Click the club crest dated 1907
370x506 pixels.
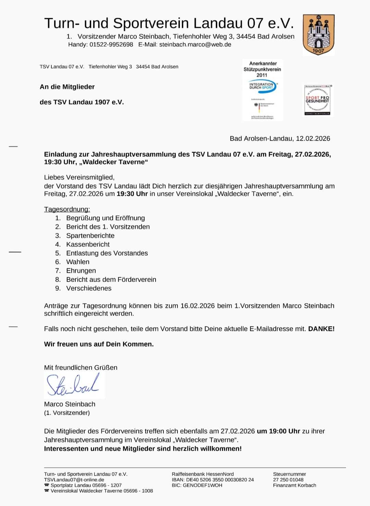point(319,35)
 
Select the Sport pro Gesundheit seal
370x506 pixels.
point(317,100)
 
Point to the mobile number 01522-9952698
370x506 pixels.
point(111,44)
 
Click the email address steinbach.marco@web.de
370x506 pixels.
point(195,44)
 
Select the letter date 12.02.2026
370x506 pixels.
point(313,139)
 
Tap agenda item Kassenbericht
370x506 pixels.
point(88,244)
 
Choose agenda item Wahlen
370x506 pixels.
point(78,262)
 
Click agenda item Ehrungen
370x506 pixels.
point(81,271)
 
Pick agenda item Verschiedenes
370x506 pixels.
point(89,288)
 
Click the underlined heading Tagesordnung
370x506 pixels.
point(67,209)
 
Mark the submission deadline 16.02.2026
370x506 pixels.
point(197,306)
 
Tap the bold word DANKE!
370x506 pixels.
point(321,329)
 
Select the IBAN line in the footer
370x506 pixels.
point(213,480)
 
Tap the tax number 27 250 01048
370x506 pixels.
point(288,480)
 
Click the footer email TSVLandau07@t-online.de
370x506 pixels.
point(74,480)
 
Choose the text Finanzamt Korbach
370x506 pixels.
point(294,485)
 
